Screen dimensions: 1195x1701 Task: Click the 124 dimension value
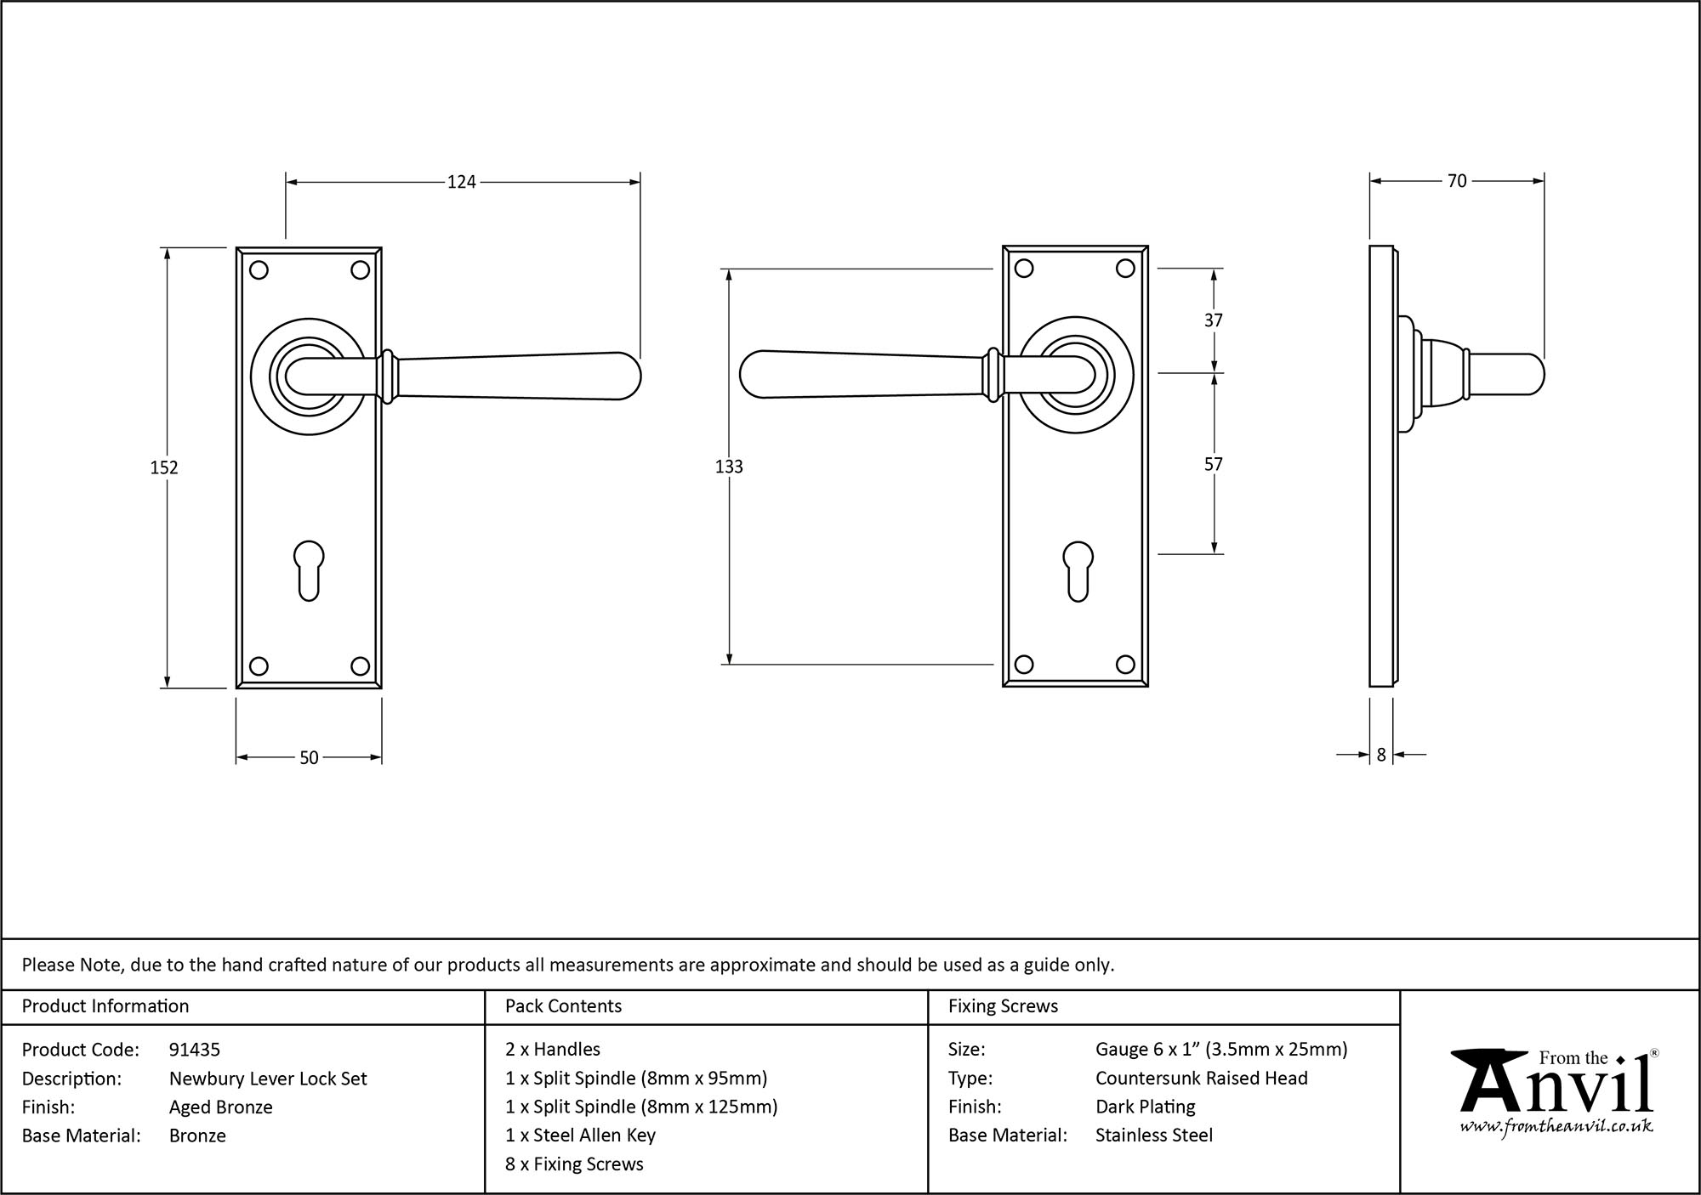coord(462,182)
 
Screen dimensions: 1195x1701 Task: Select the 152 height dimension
coord(164,467)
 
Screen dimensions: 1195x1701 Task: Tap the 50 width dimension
coord(309,757)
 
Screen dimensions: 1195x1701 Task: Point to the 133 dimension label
coord(729,467)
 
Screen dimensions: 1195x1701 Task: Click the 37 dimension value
coord(1214,320)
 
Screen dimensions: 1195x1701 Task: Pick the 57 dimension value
coord(1214,464)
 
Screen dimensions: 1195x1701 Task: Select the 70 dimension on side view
coord(1457,181)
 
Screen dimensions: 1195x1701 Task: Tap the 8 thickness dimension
coord(1381,754)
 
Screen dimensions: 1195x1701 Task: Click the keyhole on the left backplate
coord(309,570)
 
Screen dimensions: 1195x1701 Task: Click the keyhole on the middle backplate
coord(1077,570)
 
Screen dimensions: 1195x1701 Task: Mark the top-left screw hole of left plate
coord(259,270)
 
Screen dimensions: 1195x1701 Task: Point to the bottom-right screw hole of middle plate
coord(1125,665)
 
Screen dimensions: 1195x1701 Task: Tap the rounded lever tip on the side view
coord(1531,375)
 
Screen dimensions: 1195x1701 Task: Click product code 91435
coord(195,1050)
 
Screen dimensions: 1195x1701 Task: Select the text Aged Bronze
coord(221,1107)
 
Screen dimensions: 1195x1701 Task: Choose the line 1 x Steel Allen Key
coord(580,1135)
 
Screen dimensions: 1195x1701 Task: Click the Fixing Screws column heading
coord(1003,1006)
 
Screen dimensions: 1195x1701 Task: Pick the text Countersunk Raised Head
coord(1201,1078)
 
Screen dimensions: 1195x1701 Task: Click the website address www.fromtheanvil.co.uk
coord(1556,1127)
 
